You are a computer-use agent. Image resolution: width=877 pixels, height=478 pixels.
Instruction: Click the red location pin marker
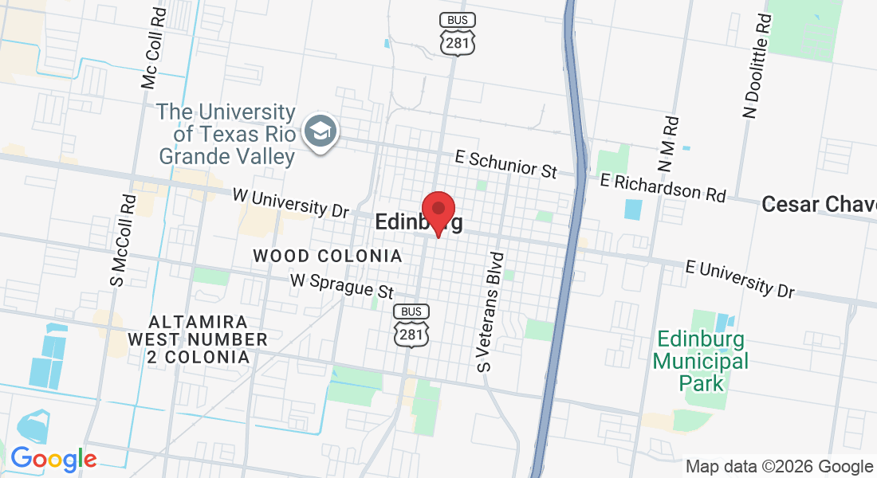tap(438, 212)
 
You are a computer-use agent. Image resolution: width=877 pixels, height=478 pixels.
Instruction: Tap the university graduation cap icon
tap(322, 131)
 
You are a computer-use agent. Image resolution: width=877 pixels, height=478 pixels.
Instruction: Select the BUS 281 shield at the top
tap(458, 33)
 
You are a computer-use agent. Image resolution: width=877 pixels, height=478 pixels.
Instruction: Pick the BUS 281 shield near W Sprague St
tap(411, 325)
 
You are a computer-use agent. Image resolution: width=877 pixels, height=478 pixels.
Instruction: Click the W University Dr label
tap(291, 203)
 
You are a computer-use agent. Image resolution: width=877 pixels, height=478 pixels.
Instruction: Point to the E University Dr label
tap(740, 277)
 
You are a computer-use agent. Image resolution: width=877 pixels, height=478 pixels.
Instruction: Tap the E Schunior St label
tap(505, 163)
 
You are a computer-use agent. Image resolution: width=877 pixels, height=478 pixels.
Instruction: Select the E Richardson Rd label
tap(663, 187)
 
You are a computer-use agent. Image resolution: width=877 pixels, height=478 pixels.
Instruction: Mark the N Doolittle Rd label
tap(758, 65)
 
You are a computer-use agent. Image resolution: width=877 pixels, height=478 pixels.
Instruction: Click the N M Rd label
tap(668, 144)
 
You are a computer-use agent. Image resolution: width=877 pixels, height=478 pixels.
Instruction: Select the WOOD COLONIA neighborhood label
tap(327, 257)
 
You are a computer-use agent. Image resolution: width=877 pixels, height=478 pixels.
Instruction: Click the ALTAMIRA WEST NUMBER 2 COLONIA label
tap(199, 339)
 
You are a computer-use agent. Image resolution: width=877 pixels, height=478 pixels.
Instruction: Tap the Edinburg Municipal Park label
tap(702, 361)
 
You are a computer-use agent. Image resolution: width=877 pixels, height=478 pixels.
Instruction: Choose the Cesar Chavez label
tap(819, 204)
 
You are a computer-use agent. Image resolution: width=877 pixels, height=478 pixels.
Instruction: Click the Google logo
tap(53, 459)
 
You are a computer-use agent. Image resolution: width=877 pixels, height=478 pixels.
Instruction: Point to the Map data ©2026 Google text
tap(779, 467)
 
